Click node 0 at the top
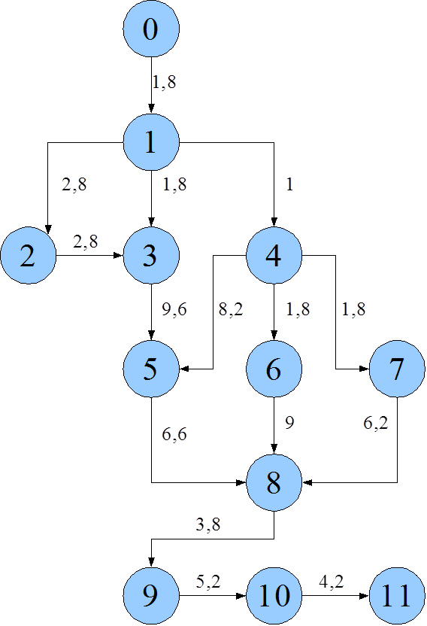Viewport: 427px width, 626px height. (x=151, y=29)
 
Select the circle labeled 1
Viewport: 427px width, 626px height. (x=151, y=142)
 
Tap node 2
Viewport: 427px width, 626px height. (x=29, y=256)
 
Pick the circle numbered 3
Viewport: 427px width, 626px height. (x=151, y=256)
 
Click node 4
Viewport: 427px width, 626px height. (x=274, y=256)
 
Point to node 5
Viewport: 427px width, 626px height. (x=151, y=369)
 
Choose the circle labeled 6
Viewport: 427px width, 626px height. (x=274, y=369)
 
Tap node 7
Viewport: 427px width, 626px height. (x=397, y=369)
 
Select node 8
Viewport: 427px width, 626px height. (x=274, y=482)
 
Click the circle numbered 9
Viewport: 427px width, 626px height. (x=151, y=596)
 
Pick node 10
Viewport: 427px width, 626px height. (x=274, y=596)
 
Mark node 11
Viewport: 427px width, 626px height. (x=397, y=596)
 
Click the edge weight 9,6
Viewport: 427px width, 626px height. (x=174, y=309)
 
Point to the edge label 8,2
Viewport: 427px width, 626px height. (x=231, y=309)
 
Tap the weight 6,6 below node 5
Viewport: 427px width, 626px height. (x=174, y=434)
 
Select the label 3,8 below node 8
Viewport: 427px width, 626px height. (x=208, y=524)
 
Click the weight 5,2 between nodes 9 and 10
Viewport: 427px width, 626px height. (x=208, y=582)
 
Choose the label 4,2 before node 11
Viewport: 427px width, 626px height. (x=331, y=582)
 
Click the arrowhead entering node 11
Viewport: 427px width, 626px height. (x=365, y=596)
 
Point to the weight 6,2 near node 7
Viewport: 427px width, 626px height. (x=376, y=423)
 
